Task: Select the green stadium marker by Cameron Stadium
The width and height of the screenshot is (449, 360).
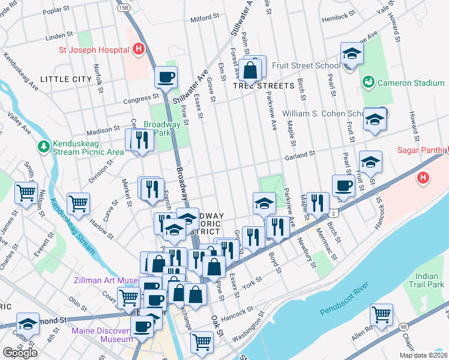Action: [x=369, y=81]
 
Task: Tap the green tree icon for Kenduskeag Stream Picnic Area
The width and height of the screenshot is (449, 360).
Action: [x=43, y=146]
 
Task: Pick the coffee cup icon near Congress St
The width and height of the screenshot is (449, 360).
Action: [x=166, y=77]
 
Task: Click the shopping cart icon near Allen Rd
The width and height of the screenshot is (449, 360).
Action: [x=381, y=313]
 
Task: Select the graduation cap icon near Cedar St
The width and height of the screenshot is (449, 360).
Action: [x=28, y=324]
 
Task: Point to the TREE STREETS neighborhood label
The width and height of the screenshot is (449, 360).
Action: [x=259, y=86]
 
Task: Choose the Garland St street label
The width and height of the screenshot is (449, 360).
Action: [x=300, y=155]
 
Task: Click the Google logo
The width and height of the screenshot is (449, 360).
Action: [x=20, y=353]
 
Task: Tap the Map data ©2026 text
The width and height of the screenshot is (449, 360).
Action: [x=423, y=355]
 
